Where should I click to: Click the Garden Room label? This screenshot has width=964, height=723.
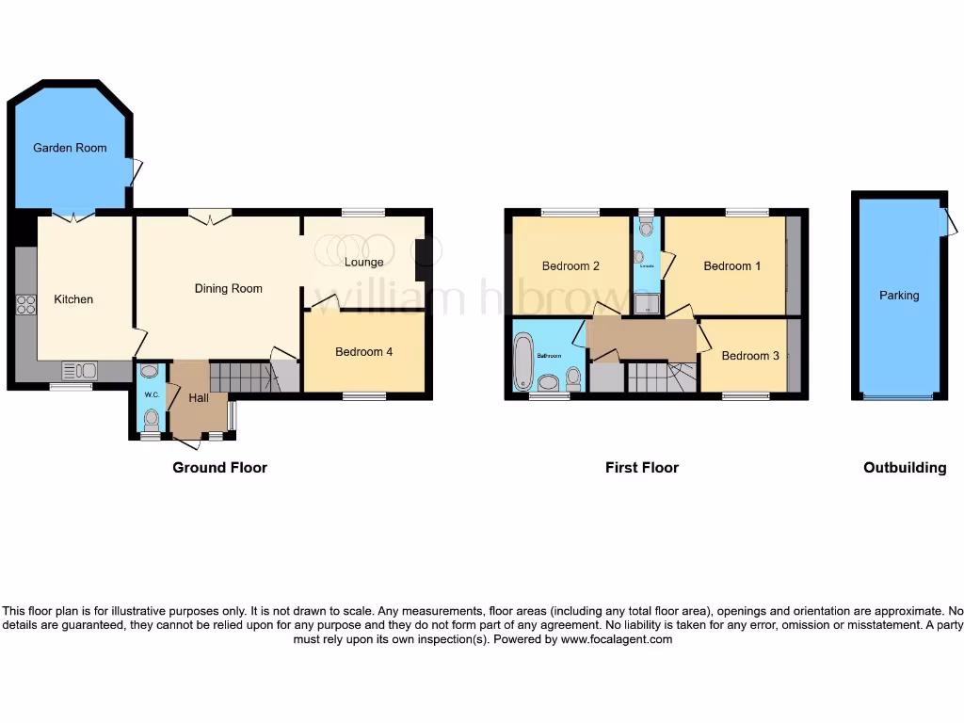click(x=70, y=148)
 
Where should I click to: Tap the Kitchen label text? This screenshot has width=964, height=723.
click(x=73, y=299)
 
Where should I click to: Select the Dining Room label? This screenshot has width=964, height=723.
click(x=228, y=288)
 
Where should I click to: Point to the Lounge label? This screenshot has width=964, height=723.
click(x=363, y=262)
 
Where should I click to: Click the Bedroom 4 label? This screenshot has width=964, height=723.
click(x=363, y=352)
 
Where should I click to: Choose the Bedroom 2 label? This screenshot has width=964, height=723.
click(x=570, y=266)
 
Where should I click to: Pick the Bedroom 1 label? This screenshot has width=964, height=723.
click(x=732, y=266)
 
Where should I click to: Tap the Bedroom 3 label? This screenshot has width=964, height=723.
click(x=750, y=356)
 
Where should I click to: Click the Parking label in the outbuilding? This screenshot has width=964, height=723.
click(x=899, y=296)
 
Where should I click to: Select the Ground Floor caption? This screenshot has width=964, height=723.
click(x=219, y=468)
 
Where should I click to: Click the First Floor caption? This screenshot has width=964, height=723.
click(x=641, y=468)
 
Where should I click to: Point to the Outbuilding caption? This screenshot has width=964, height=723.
click(x=905, y=468)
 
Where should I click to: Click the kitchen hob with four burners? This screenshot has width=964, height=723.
click(x=26, y=305)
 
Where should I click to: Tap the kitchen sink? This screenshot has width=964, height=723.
click(x=78, y=370)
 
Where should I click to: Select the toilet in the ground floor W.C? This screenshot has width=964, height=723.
click(x=152, y=417)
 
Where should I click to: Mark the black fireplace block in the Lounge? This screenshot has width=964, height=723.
click(x=423, y=261)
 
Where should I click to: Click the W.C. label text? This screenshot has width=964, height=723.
click(x=152, y=394)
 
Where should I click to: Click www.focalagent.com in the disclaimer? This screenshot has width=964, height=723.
click(x=617, y=639)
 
